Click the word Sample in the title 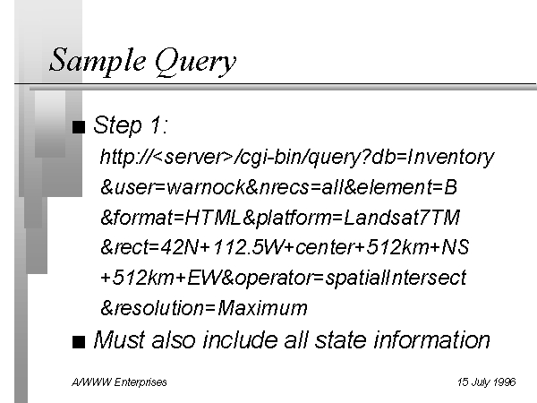point(97,60)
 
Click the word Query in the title point(195,62)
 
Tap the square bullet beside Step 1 point(79,126)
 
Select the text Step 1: point(131,124)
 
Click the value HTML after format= point(212,218)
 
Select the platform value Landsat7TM point(401,218)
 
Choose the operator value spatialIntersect point(396,278)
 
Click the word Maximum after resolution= point(262,308)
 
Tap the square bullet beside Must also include point(79,342)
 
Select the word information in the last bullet point(432,340)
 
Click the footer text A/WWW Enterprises point(119,382)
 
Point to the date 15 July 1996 point(487,382)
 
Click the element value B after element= point(450,187)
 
